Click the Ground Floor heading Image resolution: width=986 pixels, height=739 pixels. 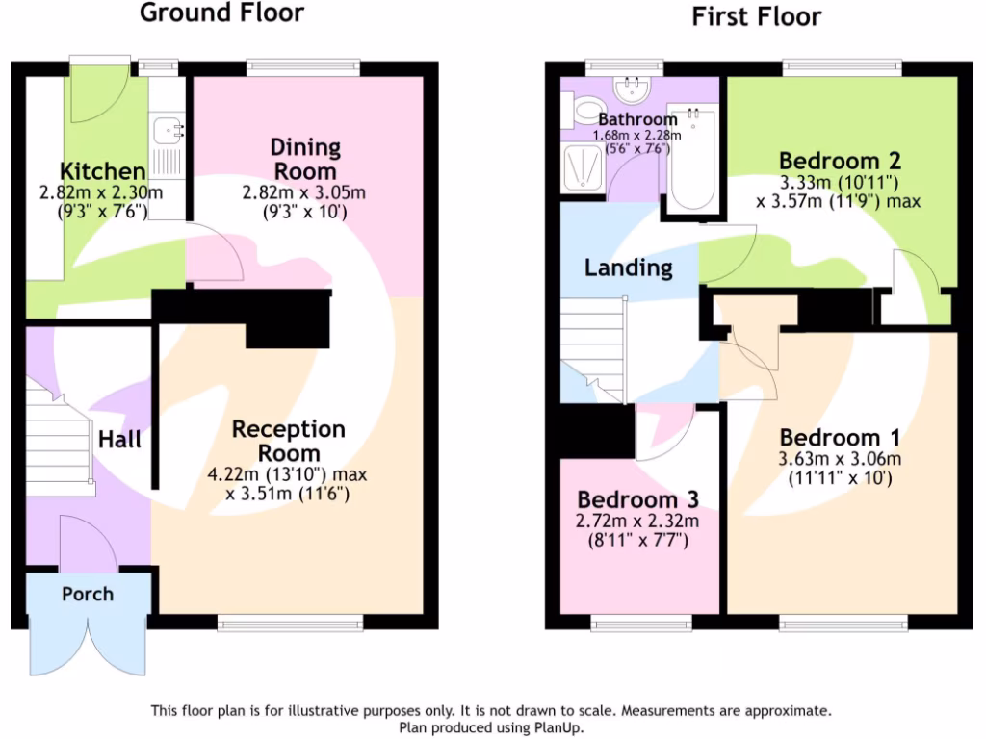click(222, 13)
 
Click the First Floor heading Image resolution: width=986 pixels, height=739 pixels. click(757, 16)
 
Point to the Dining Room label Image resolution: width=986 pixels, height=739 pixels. click(304, 159)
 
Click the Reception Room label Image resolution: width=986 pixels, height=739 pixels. click(288, 440)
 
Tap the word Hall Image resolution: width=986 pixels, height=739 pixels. click(120, 440)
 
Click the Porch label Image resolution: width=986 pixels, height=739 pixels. click(87, 594)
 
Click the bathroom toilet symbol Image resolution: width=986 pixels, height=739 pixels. click(584, 111)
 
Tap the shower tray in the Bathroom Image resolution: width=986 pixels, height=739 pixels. click(582, 170)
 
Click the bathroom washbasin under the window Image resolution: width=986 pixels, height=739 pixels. click(633, 91)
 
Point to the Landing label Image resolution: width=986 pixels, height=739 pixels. click(628, 268)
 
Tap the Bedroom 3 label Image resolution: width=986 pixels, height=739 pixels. click(637, 500)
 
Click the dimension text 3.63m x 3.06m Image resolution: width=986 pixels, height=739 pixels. click(841, 458)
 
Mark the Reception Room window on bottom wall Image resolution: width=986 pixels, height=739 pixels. click(290, 624)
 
